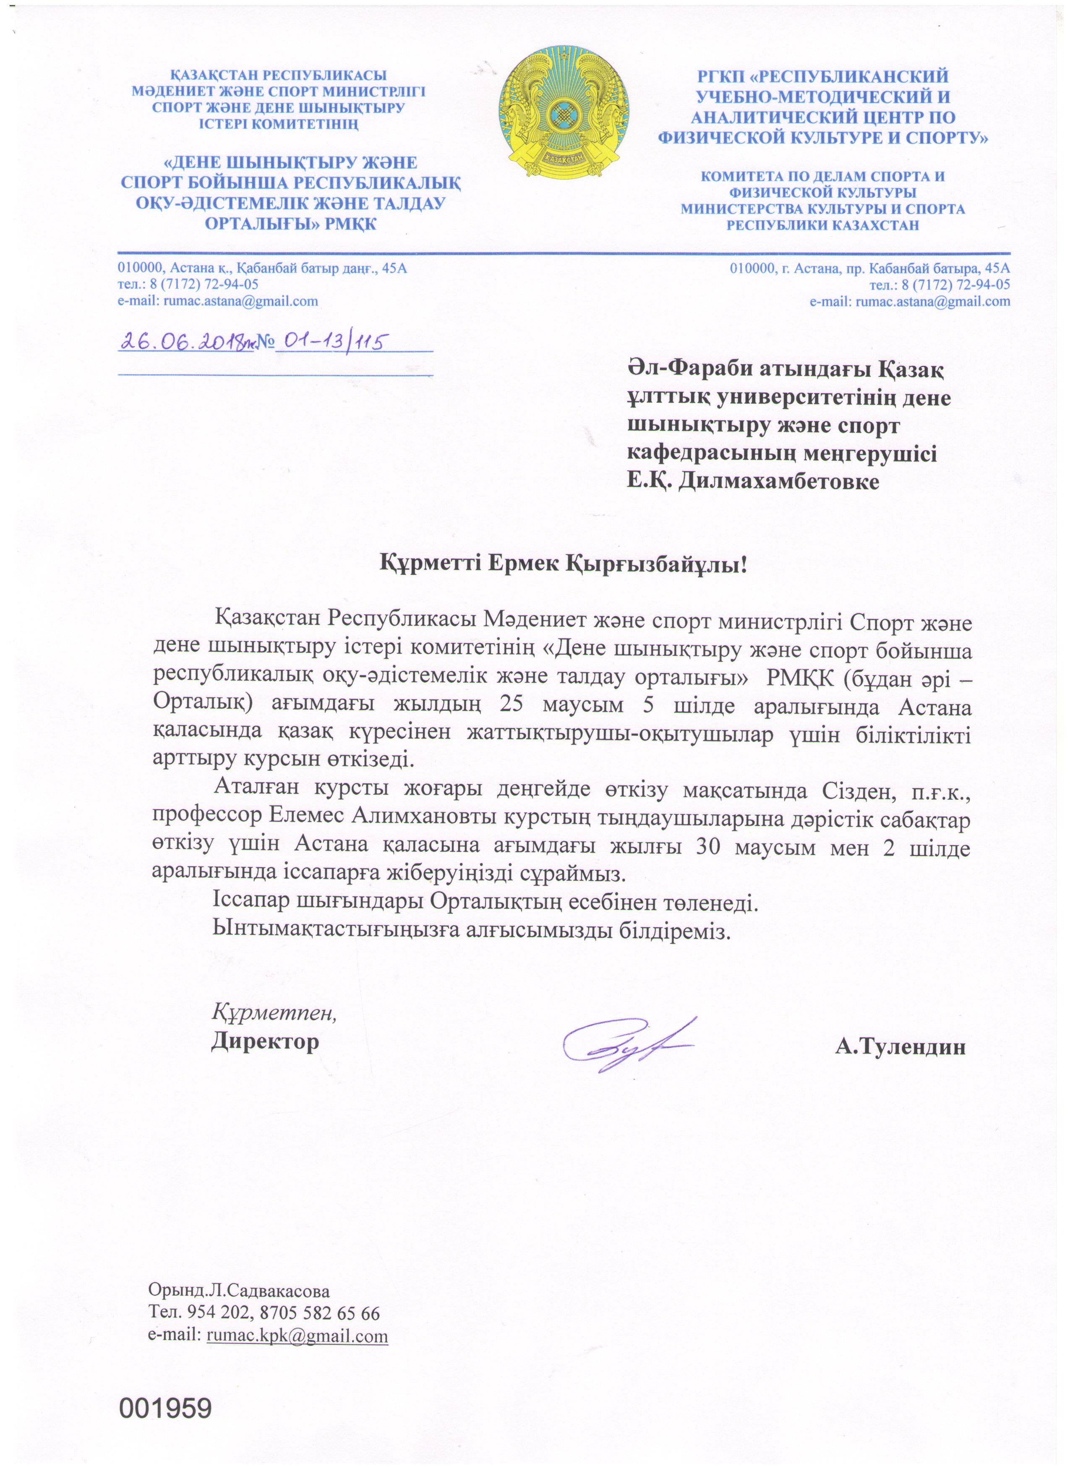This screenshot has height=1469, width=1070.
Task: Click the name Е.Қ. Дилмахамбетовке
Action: coord(753,481)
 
